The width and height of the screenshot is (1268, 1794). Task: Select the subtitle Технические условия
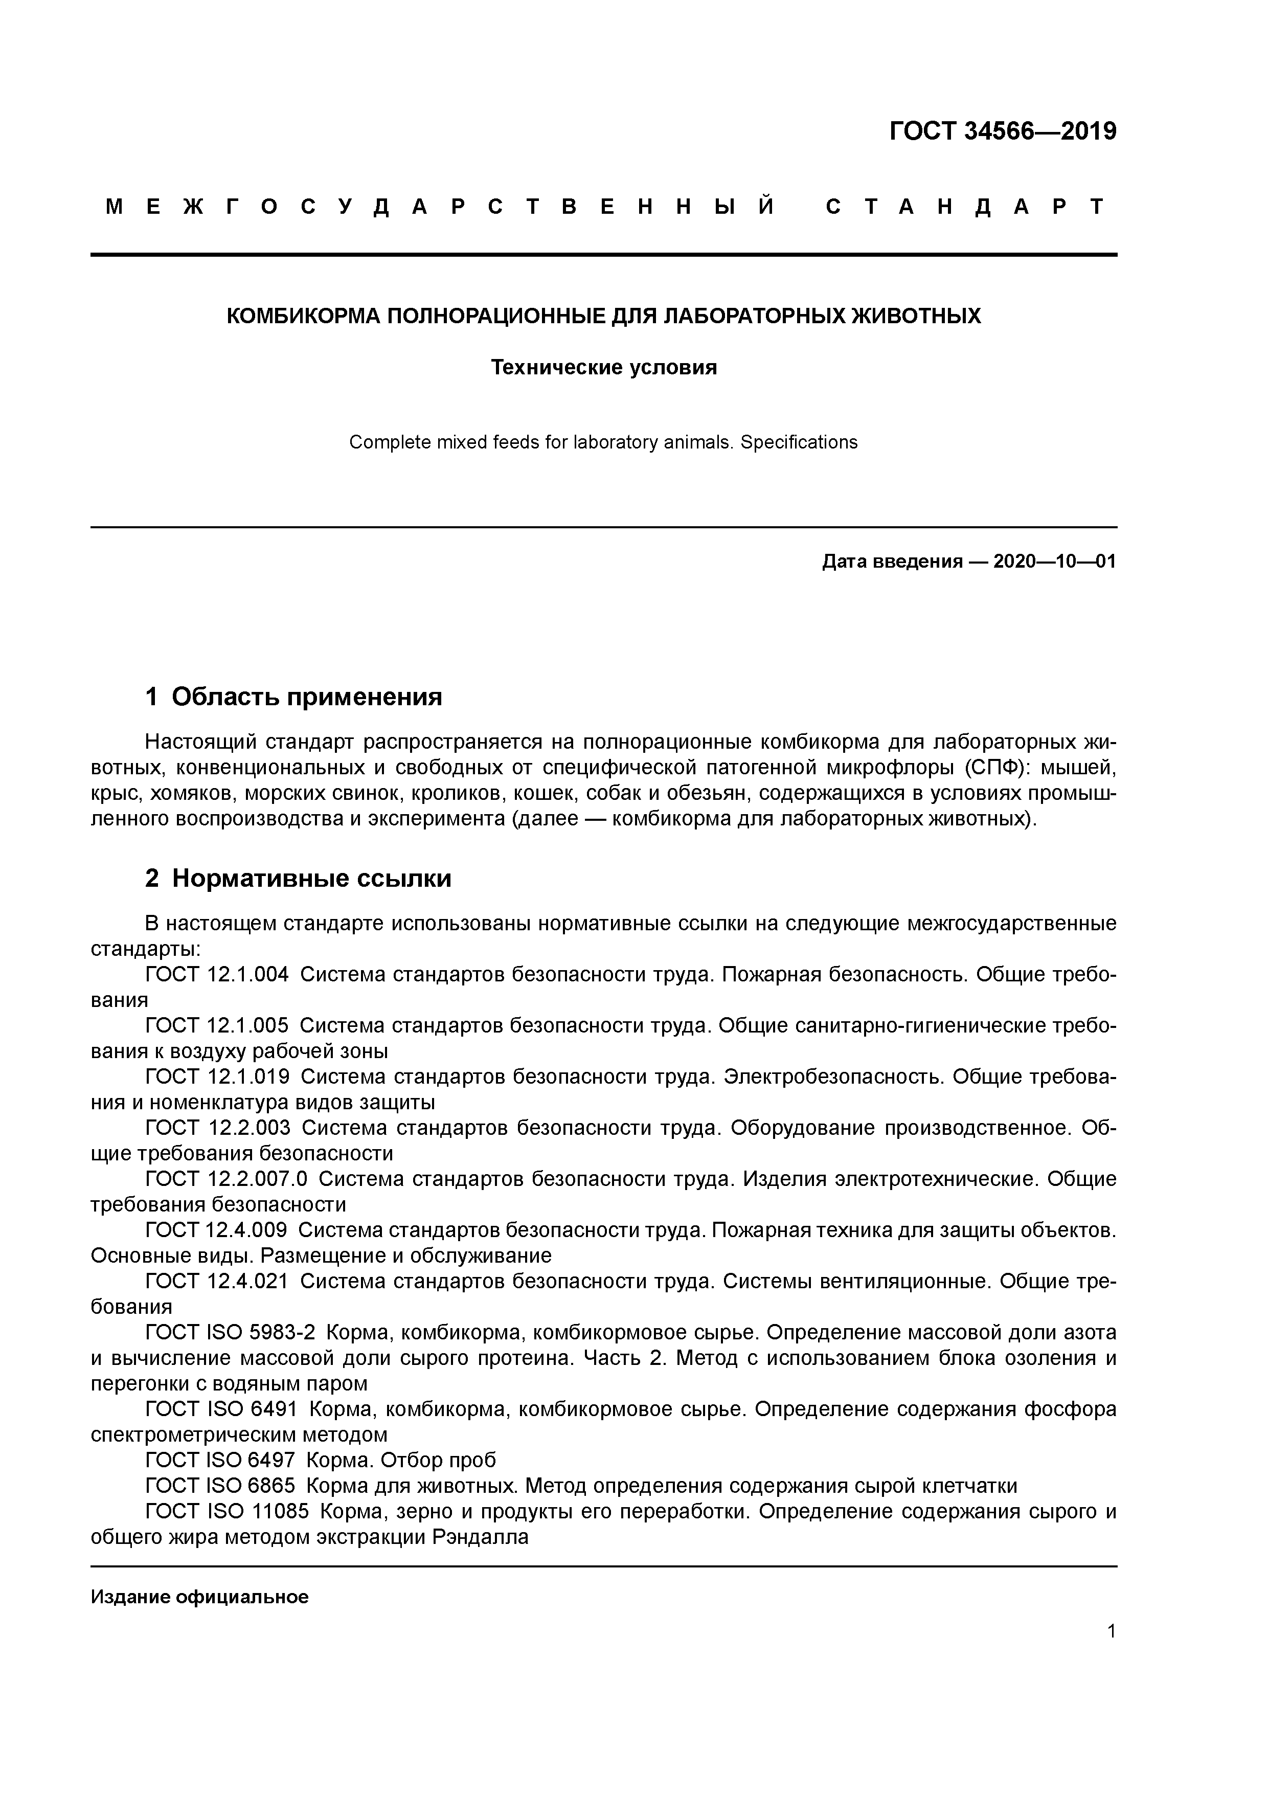click(603, 367)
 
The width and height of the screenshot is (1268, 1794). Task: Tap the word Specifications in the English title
click(799, 442)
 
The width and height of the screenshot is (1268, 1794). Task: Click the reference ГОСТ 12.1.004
click(217, 974)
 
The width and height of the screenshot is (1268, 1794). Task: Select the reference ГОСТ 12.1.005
click(217, 1025)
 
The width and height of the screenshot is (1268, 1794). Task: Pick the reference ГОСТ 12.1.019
click(217, 1077)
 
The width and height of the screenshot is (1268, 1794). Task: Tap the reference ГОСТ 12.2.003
click(217, 1128)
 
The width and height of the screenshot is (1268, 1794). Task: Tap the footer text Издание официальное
click(199, 1597)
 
